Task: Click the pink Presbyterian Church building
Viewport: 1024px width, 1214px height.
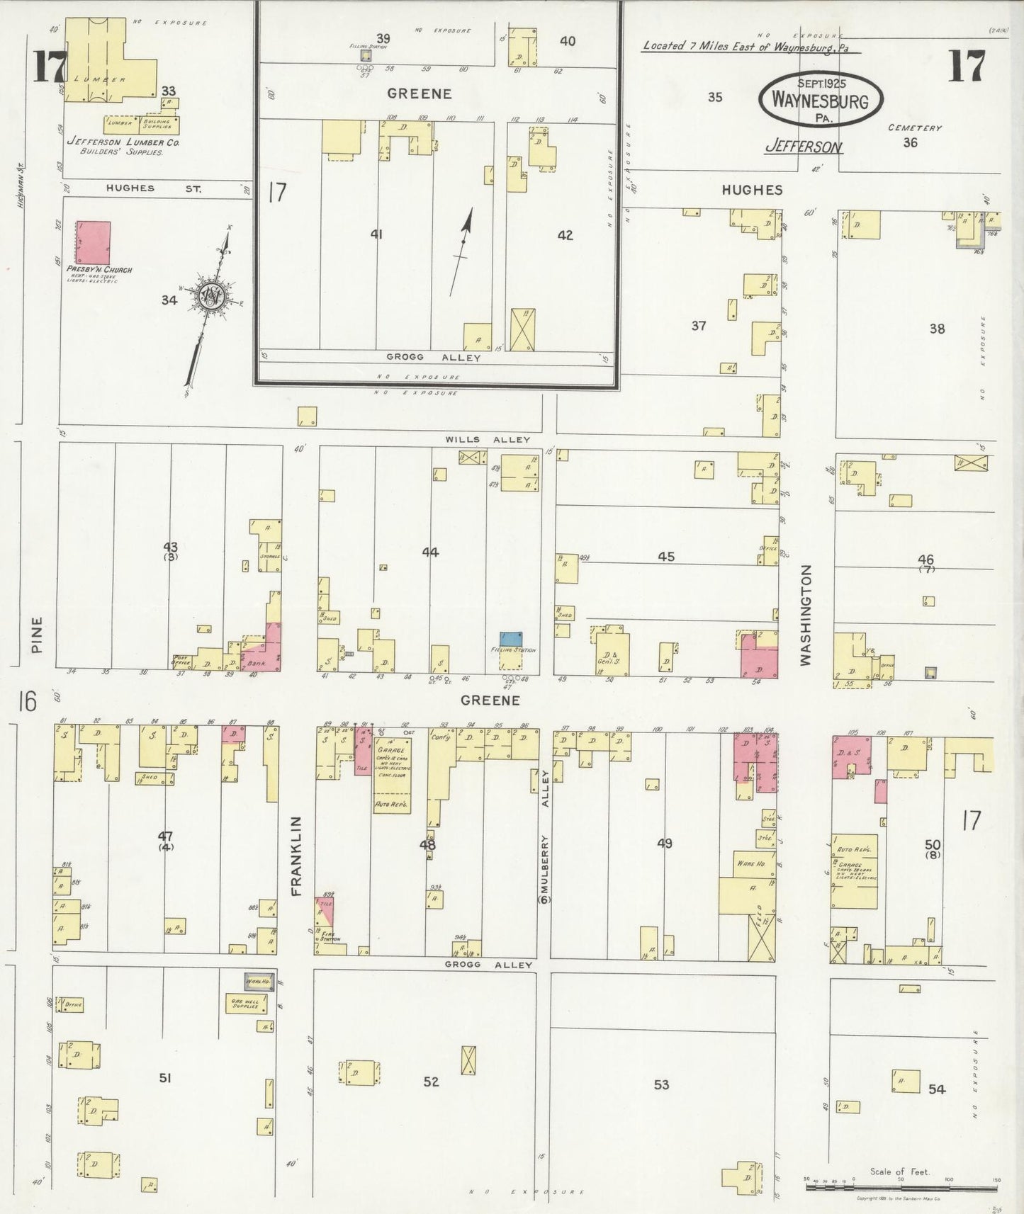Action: click(94, 242)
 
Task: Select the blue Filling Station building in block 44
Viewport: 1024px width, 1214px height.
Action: click(511, 638)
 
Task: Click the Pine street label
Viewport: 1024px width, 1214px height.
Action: click(37, 634)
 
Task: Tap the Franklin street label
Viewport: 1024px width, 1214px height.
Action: click(297, 856)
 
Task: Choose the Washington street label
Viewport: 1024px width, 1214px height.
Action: click(806, 615)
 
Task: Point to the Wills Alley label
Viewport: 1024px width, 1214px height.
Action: click(488, 440)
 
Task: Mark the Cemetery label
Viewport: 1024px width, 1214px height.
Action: click(914, 128)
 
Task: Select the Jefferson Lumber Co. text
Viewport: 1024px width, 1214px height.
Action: click(123, 142)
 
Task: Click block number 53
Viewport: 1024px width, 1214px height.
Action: click(660, 1084)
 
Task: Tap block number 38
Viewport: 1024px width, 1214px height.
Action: click(937, 329)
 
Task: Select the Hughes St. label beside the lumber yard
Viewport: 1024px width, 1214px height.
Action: click(153, 189)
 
